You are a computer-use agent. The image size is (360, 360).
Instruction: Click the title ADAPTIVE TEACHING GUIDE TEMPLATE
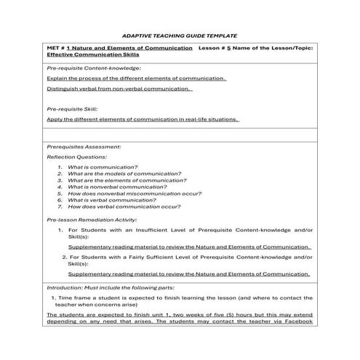[180, 35]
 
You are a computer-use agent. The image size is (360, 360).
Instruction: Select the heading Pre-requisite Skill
[71, 109]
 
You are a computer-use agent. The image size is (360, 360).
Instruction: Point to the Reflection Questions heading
[76, 156]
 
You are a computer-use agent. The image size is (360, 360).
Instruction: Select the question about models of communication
[120, 174]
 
